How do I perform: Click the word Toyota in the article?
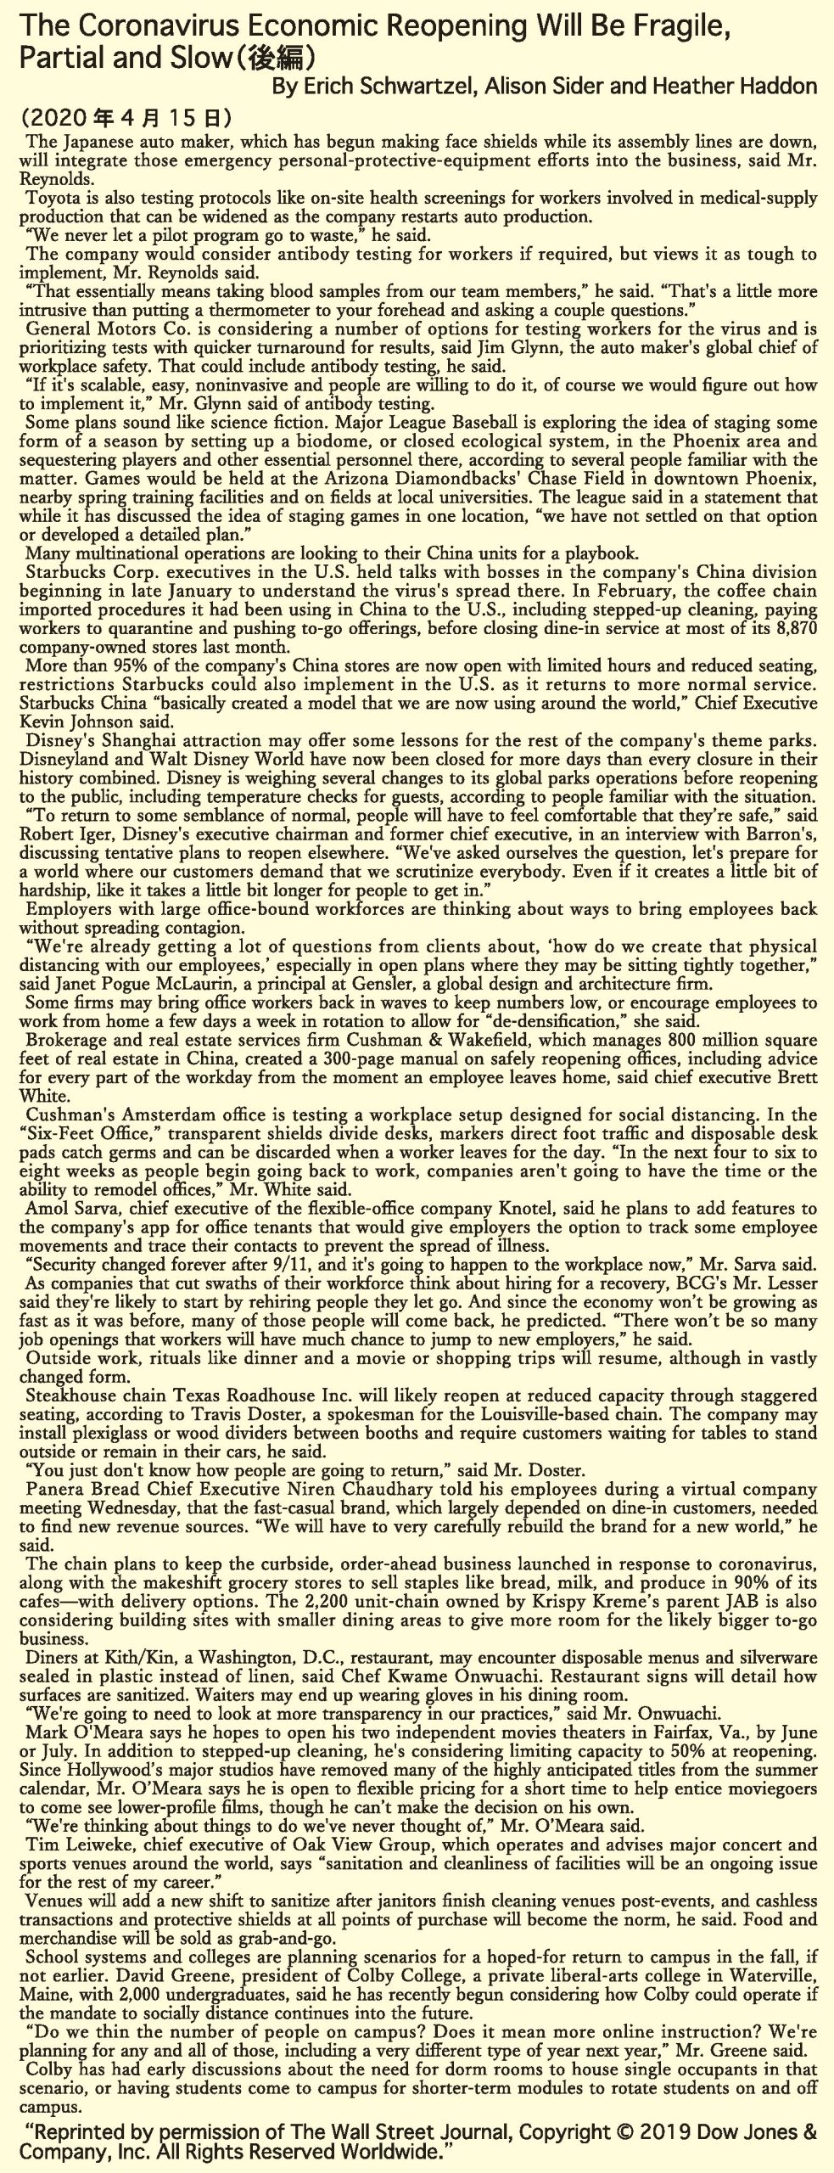(51, 198)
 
